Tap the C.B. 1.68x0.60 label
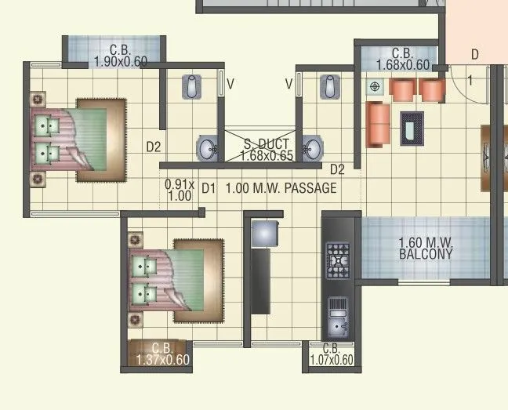(402, 60)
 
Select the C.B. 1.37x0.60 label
(162, 354)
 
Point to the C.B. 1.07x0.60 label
(331, 354)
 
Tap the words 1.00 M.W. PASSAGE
(281, 188)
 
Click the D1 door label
(208, 188)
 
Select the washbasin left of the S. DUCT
(209, 148)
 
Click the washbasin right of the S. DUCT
(313, 148)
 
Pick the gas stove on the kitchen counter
(338, 259)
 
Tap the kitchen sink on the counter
(338, 317)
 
